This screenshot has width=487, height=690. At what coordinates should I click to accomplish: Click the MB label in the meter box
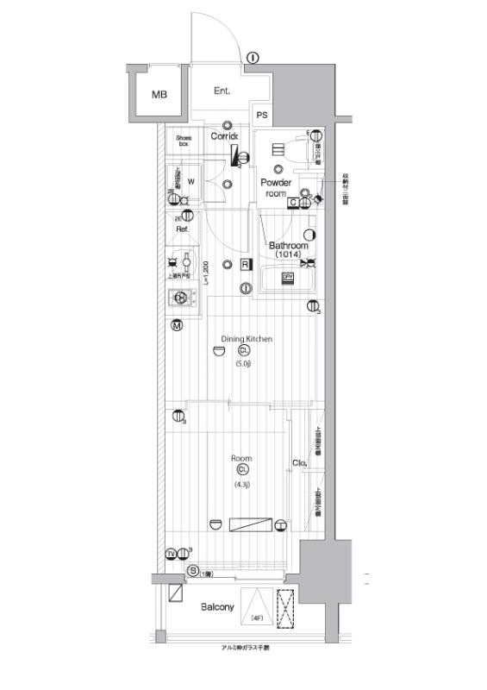coord(160,95)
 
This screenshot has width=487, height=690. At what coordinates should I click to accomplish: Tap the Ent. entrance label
coord(222,91)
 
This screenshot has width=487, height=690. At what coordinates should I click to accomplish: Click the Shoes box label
coord(184,141)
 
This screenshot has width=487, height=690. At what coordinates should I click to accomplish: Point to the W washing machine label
coord(190,181)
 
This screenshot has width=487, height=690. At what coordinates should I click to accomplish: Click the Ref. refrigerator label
coord(183,230)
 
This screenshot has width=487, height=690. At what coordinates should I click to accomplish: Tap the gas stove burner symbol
coord(181,298)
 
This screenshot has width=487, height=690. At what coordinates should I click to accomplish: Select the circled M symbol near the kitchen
coord(176,326)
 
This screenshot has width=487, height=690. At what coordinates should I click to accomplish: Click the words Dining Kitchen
coord(247,340)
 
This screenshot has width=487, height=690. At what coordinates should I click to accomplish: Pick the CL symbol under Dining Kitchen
coord(244,351)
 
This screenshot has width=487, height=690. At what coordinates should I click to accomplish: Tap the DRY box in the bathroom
coord(289,277)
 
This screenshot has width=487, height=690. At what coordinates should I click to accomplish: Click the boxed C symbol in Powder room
coord(293,203)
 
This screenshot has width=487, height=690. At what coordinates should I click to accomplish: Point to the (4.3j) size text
coord(241,485)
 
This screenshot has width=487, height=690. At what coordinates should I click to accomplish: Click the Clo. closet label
coord(300,463)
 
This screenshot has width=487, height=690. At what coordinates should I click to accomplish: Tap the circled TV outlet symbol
coord(171,553)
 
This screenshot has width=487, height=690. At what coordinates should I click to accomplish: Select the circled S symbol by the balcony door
coord(192,571)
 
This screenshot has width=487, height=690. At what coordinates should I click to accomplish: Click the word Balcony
coord(217,607)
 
